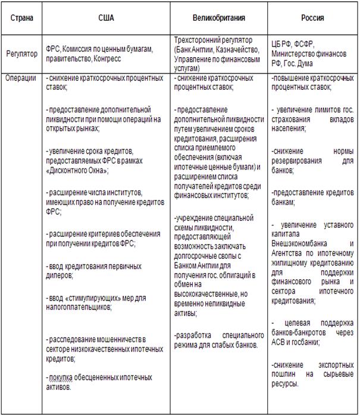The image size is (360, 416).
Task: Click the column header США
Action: (106, 18)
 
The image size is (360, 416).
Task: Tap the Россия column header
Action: (312, 18)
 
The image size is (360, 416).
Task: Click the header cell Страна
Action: (22, 18)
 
